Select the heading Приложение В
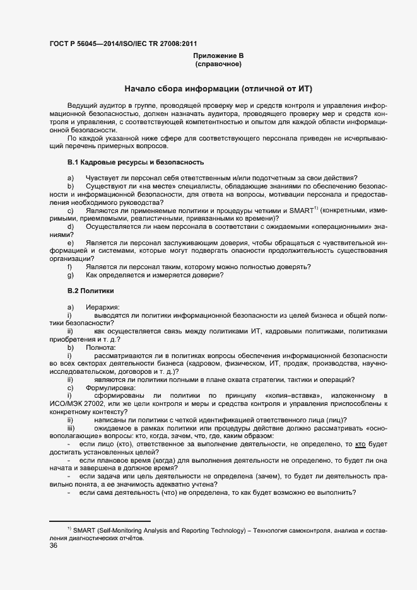[x=218, y=56]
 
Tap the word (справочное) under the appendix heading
[x=218, y=64]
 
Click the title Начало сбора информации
[x=218, y=89]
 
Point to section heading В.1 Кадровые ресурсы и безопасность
[x=136, y=162]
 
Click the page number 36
[x=53, y=547]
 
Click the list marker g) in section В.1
[x=70, y=275]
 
